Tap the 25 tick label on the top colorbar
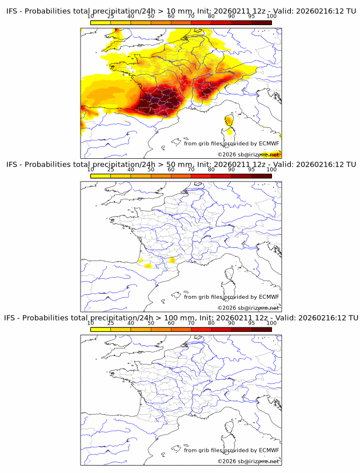pos(111,17)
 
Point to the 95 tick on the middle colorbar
pos(251,170)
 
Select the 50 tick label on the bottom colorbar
pos(151,323)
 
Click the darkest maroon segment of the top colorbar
pos(261,22)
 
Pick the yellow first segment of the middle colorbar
pos(101,175)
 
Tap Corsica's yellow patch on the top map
pos(229,121)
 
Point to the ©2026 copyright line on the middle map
pos(248,308)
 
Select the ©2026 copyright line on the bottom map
pos(248,461)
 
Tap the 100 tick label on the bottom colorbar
pos(271,323)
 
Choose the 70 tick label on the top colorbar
pos(191,17)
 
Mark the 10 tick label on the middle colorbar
pos(91,170)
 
